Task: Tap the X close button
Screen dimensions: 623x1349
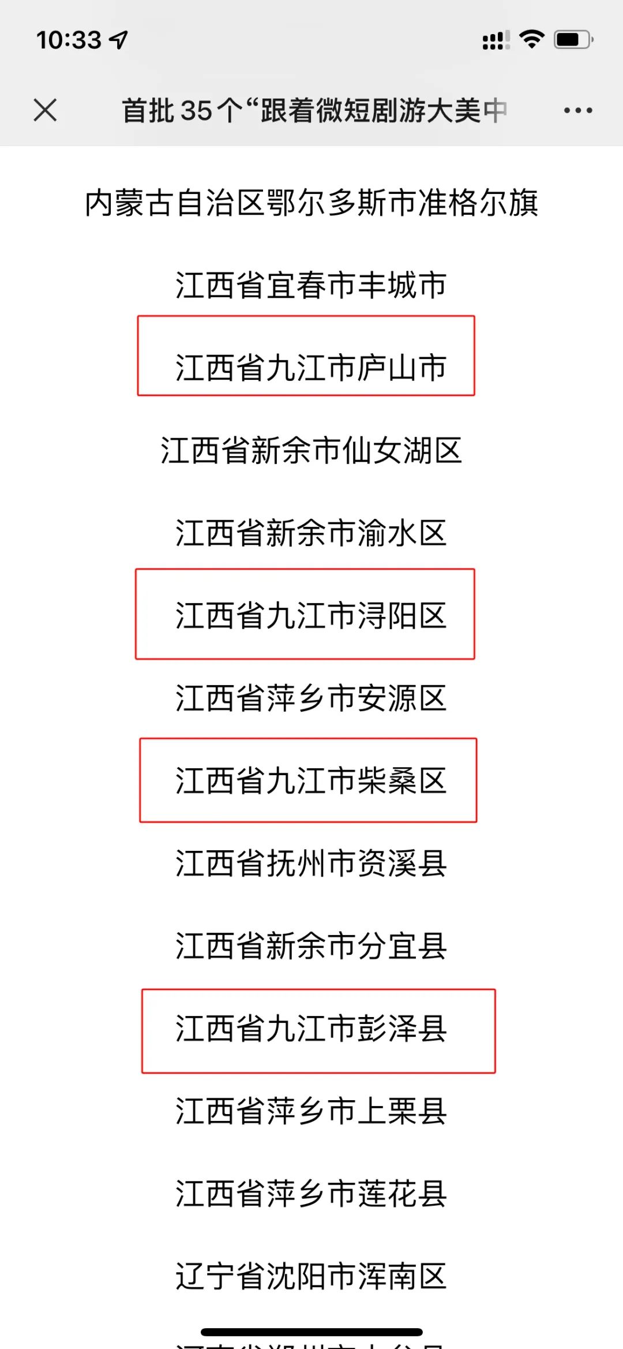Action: click(45, 110)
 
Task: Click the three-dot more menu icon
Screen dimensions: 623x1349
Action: click(578, 110)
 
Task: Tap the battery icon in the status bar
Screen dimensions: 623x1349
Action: click(573, 40)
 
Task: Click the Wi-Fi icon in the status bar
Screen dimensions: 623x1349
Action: click(531, 39)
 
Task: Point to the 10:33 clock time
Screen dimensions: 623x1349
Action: click(69, 40)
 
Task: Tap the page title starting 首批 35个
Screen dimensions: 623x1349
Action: click(314, 110)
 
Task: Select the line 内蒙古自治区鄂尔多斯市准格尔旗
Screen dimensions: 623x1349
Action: click(311, 203)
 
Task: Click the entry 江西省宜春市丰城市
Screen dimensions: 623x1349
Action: click(311, 285)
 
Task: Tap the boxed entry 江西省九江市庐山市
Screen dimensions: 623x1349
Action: click(311, 368)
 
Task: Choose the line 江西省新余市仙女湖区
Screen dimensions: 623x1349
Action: click(311, 450)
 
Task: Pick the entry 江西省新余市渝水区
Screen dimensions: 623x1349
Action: click(311, 533)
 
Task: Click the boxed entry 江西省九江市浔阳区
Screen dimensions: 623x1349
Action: click(311, 615)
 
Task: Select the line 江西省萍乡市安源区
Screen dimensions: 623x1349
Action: click(311, 698)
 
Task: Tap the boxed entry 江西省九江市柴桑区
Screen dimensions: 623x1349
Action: click(311, 780)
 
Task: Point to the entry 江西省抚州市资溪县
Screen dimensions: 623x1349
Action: click(311, 864)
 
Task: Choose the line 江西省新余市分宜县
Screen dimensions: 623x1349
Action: click(311, 946)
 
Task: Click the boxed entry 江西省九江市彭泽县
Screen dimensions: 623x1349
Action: click(311, 1029)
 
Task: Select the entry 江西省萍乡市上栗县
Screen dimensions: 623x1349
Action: click(311, 1111)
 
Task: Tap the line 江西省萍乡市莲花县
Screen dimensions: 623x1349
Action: click(311, 1194)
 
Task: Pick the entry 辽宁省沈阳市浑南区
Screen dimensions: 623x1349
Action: click(311, 1276)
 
